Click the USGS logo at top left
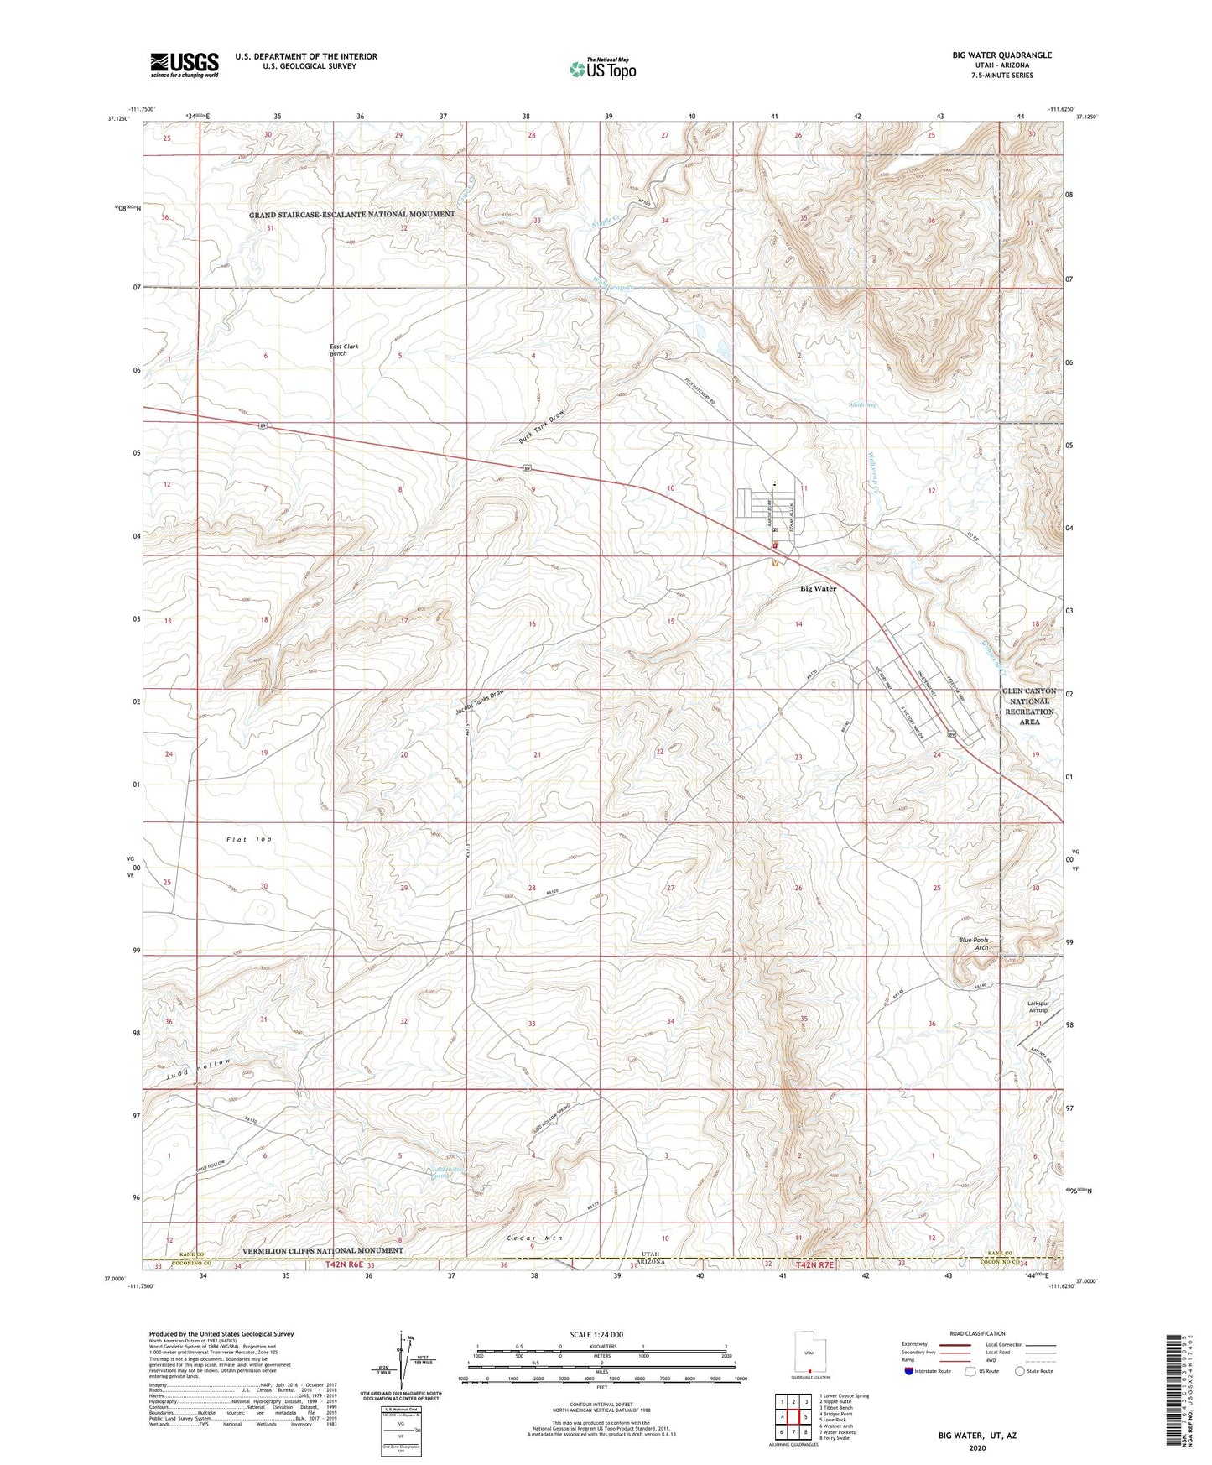point(185,65)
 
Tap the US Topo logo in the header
point(602,69)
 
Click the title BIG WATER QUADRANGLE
point(1001,55)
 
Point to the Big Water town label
point(818,589)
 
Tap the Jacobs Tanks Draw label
point(481,701)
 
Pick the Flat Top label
point(248,839)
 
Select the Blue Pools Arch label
point(974,944)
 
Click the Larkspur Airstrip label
point(1038,1006)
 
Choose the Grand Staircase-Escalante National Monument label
point(351,215)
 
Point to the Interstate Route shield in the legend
point(910,1371)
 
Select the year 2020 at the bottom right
point(976,1447)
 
